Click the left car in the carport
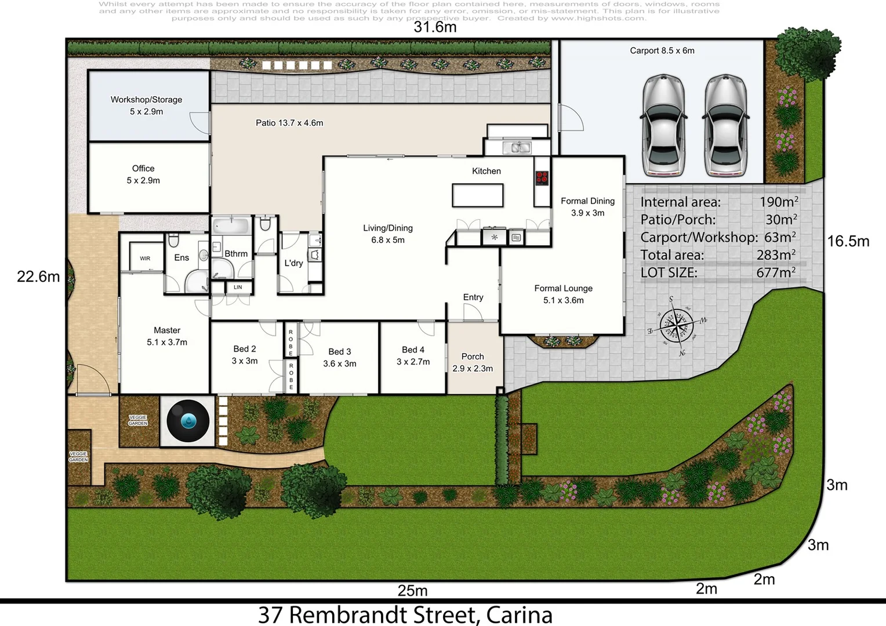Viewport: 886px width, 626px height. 663,125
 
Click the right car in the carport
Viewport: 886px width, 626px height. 724,125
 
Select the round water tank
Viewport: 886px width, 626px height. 188,421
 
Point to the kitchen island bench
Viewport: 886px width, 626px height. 477,195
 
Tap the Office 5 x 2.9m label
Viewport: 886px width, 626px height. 143,174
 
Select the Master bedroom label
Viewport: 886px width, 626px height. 167,336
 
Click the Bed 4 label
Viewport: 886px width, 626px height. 413,355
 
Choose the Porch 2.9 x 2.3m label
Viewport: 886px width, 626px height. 473,362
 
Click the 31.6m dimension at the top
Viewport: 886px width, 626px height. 435,27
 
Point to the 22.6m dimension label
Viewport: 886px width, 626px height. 38,276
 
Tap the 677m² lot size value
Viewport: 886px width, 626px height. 775,272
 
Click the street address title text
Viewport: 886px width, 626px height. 405,614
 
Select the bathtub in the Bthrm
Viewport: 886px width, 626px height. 230,226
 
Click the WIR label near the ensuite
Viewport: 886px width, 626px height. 145,259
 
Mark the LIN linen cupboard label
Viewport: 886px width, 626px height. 238,287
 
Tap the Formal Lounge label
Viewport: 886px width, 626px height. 563,294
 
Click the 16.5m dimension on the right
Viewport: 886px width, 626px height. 848,241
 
